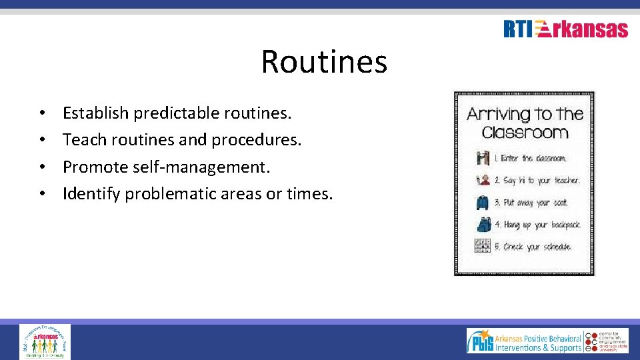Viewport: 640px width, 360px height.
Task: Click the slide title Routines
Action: pyautogui.click(x=323, y=61)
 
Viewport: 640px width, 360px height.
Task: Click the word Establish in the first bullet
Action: pyautogui.click(x=95, y=113)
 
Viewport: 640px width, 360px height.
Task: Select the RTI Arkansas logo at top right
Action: pyautogui.click(x=565, y=29)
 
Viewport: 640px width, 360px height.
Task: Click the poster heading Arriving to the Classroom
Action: pyautogui.click(x=525, y=123)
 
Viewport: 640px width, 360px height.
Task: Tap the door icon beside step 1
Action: pyautogui.click(x=483, y=159)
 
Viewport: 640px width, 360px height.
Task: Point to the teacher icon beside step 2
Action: pyautogui.click(x=483, y=180)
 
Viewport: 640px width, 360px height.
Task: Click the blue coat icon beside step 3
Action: pyautogui.click(x=483, y=202)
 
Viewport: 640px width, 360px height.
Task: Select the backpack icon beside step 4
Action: pyautogui.click(x=483, y=224)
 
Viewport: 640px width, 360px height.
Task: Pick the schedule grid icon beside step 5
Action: pyautogui.click(x=483, y=246)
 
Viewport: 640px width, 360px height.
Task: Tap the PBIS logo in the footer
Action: pyautogui.click(x=480, y=341)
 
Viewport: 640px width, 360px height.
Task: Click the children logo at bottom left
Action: pyautogui.click(x=45, y=341)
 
